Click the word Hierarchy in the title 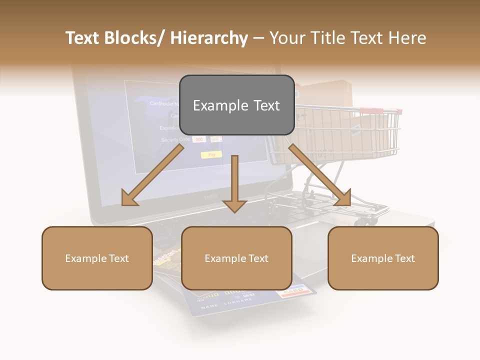209,38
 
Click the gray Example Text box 236,105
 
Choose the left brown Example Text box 97,258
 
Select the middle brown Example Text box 236,258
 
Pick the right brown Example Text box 383,258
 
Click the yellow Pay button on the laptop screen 211,155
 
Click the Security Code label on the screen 175,140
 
